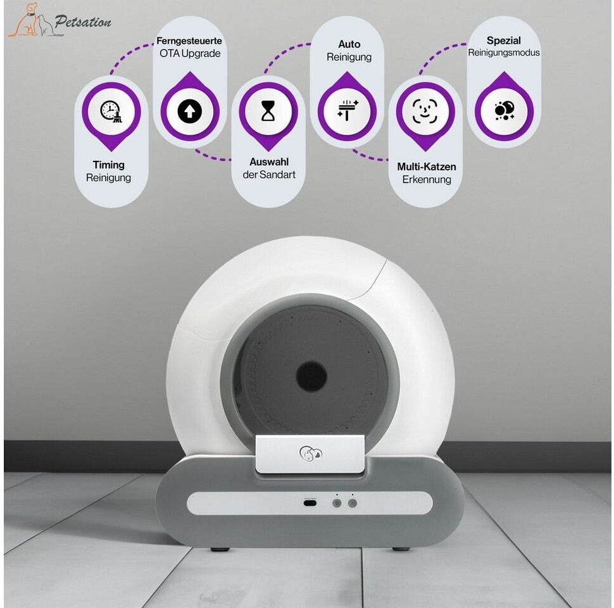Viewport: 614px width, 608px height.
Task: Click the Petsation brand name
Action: click(x=83, y=22)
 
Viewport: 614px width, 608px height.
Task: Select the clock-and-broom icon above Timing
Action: click(x=111, y=111)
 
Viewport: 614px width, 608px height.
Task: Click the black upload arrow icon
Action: click(x=190, y=111)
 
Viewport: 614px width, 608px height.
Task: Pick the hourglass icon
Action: click(x=268, y=111)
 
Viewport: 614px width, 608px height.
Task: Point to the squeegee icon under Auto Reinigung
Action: click(x=348, y=110)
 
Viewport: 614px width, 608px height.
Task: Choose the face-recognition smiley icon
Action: click(x=425, y=111)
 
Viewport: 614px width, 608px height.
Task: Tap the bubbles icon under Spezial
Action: click(x=504, y=110)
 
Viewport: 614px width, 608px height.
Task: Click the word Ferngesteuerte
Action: click(x=189, y=41)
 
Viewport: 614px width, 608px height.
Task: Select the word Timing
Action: click(x=108, y=165)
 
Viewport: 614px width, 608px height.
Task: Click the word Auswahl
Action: click(x=269, y=161)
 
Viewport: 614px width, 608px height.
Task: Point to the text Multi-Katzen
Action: click(x=427, y=167)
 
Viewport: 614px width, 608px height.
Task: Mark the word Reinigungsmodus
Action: click(x=504, y=53)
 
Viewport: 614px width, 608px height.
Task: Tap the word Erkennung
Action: click(x=427, y=179)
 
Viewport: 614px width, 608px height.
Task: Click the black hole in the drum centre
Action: click(x=311, y=376)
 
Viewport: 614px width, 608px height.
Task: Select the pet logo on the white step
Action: click(x=311, y=453)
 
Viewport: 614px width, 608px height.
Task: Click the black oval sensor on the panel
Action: click(x=310, y=503)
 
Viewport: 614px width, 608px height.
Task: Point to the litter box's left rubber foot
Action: click(x=220, y=549)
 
